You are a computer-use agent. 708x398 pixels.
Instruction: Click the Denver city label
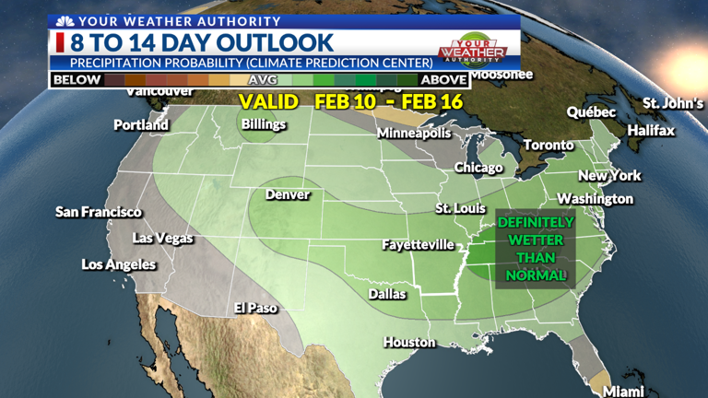[x=288, y=194]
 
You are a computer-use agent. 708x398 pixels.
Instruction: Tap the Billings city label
[x=264, y=123]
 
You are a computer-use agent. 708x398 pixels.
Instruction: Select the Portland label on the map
[x=141, y=124]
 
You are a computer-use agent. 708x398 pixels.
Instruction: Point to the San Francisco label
[x=99, y=212]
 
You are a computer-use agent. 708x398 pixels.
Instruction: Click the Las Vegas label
[x=163, y=238]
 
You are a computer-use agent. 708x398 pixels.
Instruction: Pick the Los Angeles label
[x=119, y=264]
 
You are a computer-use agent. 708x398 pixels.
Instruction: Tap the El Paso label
[x=255, y=308]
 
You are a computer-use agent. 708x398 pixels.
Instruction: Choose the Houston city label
[x=409, y=342]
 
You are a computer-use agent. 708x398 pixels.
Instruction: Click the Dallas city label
[x=388, y=294]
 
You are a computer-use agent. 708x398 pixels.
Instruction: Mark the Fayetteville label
[x=419, y=244]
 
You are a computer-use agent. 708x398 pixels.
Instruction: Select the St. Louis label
[x=460, y=208]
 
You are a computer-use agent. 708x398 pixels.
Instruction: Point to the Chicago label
[x=478, y=168]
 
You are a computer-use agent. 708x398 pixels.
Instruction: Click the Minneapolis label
[x=414, y=133]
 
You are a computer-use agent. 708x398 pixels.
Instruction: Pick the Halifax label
[x=651, y=131]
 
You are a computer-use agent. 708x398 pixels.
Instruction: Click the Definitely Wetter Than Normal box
[x=536, y=250]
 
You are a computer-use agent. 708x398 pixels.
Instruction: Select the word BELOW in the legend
[x=77, y=80]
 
